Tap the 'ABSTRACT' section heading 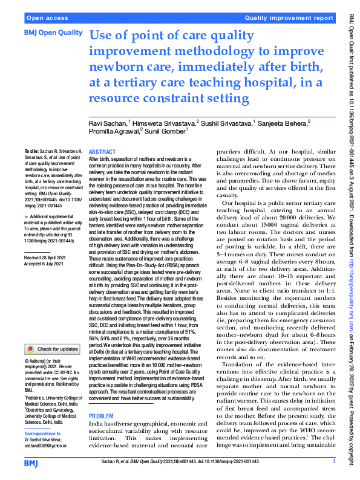tap(102, 153)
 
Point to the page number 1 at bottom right tap(333, 462)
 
